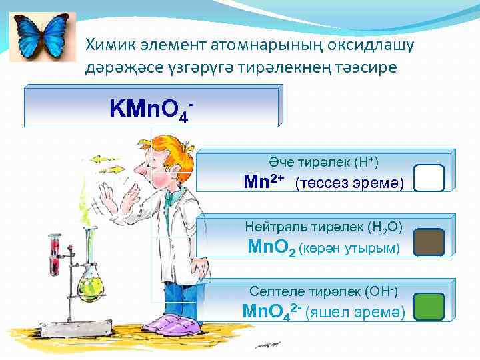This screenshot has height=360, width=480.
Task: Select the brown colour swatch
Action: coord(429,243)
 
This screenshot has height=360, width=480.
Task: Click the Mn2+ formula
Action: coord(264,181)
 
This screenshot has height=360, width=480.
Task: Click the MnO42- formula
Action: coord(271,311)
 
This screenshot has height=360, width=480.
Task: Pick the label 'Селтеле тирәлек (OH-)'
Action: coord(323,291)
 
